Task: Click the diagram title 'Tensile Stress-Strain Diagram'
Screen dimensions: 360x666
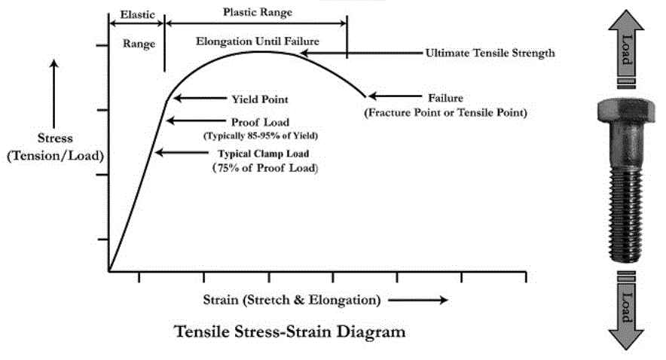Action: (290, 331)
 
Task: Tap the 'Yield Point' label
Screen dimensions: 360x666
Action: (259, 99)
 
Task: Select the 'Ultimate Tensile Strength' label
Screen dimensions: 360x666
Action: (490, 53)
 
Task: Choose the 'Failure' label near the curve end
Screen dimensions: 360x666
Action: (445, 99)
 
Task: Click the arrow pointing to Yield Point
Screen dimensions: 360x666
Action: (194, 99)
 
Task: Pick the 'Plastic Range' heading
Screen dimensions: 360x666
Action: (258, 13)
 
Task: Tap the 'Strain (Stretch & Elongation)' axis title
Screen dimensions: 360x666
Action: (291, 300)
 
